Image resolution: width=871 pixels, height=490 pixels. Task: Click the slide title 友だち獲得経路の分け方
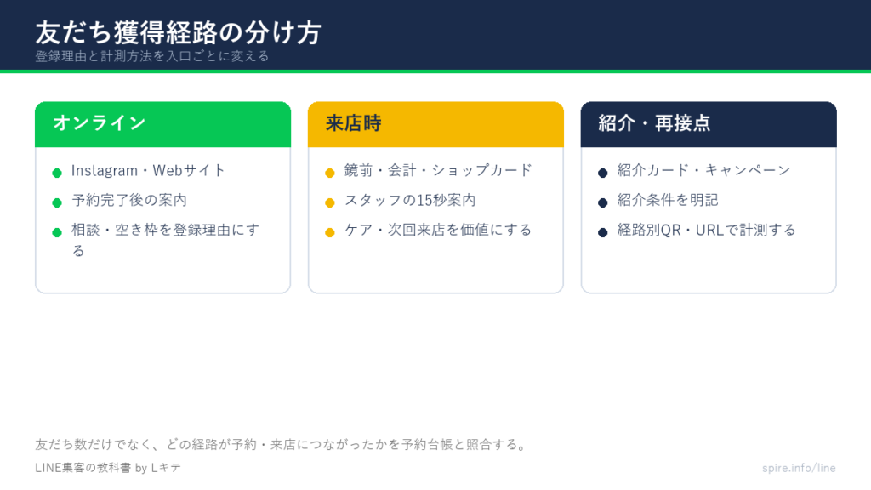(179, 33)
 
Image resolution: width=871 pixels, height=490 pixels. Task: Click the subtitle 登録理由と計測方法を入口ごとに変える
(152, 56)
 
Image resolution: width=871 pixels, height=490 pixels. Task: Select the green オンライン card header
(162, 124)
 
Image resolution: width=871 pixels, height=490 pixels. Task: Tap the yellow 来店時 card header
(435, 124)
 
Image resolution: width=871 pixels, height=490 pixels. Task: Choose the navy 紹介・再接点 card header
(709, 124)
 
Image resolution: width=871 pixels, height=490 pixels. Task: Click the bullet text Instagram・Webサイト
(148, 170)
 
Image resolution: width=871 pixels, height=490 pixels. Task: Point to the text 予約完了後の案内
(129, 200)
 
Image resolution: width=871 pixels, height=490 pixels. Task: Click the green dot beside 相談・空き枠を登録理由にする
(57, 232)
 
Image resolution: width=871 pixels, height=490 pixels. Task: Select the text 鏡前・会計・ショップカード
(438, 170)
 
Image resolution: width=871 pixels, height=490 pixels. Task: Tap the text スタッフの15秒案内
(410, 200)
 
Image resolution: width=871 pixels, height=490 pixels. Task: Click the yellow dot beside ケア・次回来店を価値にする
(330, 232)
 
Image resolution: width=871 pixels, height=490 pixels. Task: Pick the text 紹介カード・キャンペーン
(703, 170)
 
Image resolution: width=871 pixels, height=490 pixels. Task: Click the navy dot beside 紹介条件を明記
(603, 202)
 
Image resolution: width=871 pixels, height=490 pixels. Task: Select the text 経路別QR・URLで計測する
(707, 230)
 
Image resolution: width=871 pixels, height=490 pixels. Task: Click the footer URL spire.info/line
(799, 468)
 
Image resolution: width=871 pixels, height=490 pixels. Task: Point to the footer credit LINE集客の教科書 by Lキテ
(108, 468)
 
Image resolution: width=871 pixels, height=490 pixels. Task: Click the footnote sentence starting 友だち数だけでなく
(281, 444)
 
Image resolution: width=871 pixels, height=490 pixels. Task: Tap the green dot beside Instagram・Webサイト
(57, 173)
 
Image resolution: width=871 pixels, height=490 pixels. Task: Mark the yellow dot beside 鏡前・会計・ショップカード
(330, 173)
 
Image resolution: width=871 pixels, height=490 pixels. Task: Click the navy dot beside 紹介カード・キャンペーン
(603, 173)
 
